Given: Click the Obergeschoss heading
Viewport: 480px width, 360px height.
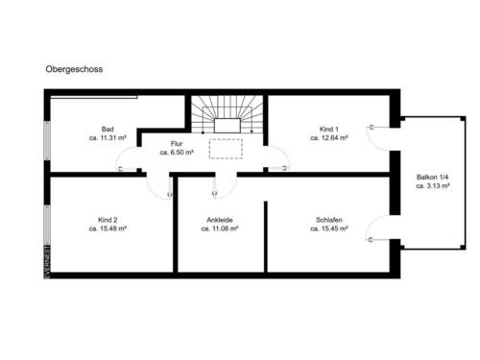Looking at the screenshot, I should pyautogui.click(x=74, y=70).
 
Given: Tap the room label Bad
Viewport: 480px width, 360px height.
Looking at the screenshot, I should pyautogui.click(x=108, y=129).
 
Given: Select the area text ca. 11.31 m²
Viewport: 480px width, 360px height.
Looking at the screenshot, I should pyautogui.click(x=108, y=138).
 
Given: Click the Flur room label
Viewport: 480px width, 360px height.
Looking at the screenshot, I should pyautogui.click(x=177, y=143).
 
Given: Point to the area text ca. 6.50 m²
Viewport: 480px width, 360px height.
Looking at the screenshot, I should pyautogui.click(x=177, y=153).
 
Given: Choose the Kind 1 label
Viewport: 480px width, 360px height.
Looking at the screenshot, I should pyautogui.click(x=328, y=129).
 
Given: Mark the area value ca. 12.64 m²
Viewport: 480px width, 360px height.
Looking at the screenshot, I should pyautogui.click(x=328, y=138).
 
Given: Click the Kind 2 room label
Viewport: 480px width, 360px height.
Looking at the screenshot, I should pyautogui.click(x=108, y=220).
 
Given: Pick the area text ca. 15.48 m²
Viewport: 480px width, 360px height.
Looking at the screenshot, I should pyautogui.click(x=108, y=229).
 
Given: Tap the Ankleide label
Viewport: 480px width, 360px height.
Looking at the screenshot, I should pyautogui.click(x=219, y=220).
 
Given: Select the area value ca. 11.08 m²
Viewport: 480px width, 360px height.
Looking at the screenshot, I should pyautogui.click(x=219, y=229).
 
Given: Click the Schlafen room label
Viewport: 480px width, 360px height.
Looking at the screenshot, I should pyautogui.click(x=328, y=220).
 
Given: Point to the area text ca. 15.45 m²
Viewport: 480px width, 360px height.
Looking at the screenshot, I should pyautogui.click(x=328, y=229).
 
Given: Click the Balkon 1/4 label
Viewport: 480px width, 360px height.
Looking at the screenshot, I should pyautogui.click(x=434, y=178).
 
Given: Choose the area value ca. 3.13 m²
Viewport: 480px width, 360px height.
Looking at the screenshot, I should pyautogui.click(x=434, y=187).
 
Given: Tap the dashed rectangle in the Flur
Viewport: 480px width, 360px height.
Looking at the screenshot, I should pyautogui.click(x=228, y=149).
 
